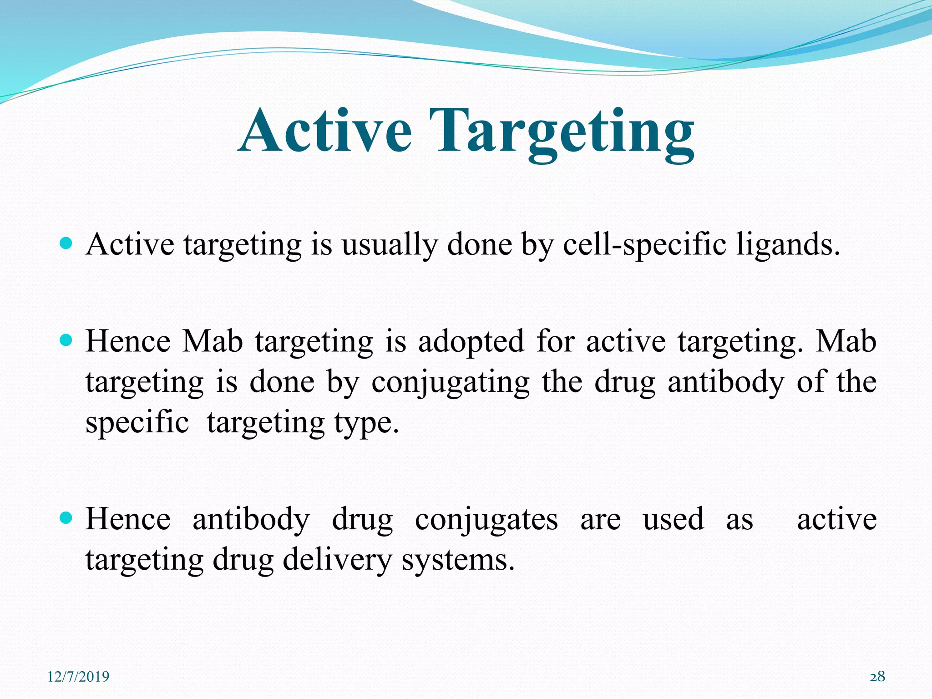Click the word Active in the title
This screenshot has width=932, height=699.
326,131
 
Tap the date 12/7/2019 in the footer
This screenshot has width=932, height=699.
78,677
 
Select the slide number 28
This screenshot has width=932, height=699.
877,677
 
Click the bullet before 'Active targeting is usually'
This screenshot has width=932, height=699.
66,244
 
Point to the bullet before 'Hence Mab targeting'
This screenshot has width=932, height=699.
66,340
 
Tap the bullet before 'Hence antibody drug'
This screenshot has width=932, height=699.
66,518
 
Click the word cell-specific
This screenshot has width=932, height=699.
644,245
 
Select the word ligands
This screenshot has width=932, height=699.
788,245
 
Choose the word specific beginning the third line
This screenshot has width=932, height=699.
137,422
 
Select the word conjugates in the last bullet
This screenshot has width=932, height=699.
486,520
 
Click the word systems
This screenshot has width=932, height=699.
457,561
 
